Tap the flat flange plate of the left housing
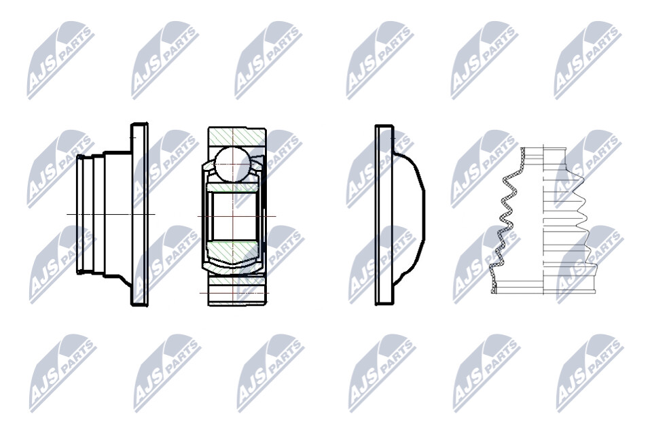tap(139, 214)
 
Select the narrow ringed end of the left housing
tap(84, 214)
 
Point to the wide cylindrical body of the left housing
tap(117, 214)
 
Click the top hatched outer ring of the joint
tap(237, 137)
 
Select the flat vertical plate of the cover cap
tap(384, 215)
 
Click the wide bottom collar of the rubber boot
tap(543, 285)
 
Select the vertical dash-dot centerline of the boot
tap(543, 221)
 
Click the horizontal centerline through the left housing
tap(111, 214)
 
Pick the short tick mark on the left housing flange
tap(133, 137)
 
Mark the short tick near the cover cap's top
tap(392, 135)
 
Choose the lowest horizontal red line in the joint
tap(234, 293)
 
